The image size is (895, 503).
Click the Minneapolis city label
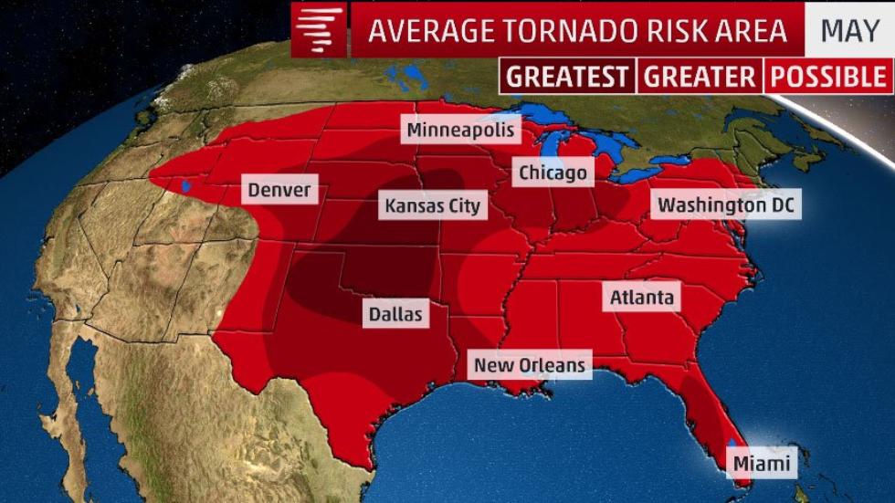pos(462,130)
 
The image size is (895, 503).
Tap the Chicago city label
pos(553,172)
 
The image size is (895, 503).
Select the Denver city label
pos(279,191)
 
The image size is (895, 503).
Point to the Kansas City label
pos(432,205)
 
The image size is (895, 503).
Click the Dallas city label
pos(395,313)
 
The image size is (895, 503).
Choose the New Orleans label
pos(529,365)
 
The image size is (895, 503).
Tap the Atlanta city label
pos(642,297)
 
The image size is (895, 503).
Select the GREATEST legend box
pos(567,77)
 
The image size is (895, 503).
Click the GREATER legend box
pos(700,77)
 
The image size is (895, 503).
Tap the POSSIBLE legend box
pos(827,77)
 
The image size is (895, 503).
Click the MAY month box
pos(849,30)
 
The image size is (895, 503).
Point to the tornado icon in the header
pos(321,30)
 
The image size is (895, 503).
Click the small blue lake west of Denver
pos(186,186)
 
